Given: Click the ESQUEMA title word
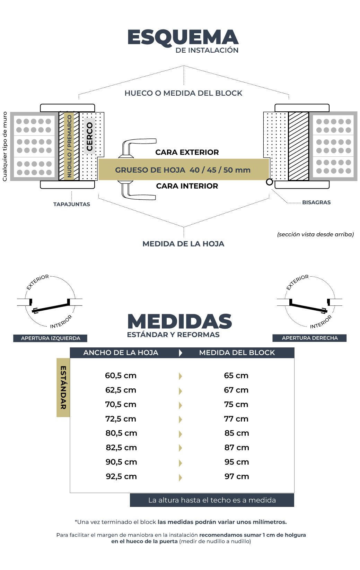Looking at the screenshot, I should pyautogui.click(x=183, y=37).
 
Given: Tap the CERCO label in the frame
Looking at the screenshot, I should pyautogui.click(x=90, y=136).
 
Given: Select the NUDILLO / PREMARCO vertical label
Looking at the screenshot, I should pyautogui.click(x=69, y=146).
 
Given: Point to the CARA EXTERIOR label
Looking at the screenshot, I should pyautogui.click(x=187, y=152).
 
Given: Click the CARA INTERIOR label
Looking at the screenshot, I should pyautogui.click(x=187, y=186).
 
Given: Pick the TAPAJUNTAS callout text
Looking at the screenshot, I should pyautogui.click(x=71, y=204).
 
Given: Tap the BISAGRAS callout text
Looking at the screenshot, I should pyautogui.click(x=316, y=202).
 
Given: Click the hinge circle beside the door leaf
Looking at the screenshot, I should pyautogui.click(x=269, y=182).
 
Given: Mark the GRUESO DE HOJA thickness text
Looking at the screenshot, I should pyautogui.click(x=183, y=170).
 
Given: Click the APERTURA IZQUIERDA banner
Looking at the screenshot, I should pyautogui.click(x=50, y=338).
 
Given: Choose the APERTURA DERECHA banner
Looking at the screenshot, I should pyautogui.click(x=309, y=338).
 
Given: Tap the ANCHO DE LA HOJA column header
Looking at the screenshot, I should pyautogui.click(x=121, y=353).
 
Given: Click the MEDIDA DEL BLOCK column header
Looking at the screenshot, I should pyautogui.click(x=237, y=353).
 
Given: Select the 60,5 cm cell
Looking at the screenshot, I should pyautogui.click(x=121, y=375).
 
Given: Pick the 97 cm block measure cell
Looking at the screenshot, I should pyautogui.click(x=236, y=476).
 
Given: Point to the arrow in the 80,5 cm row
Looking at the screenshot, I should pyautogui.click(x=180, y=434).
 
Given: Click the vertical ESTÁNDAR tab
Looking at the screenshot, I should pyautogui.click(x=63, y=387).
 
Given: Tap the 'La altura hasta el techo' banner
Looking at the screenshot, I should pyautogui.click(x=212, y=500).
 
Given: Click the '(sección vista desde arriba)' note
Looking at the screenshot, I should pyautogui.click(x=315, y=234).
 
